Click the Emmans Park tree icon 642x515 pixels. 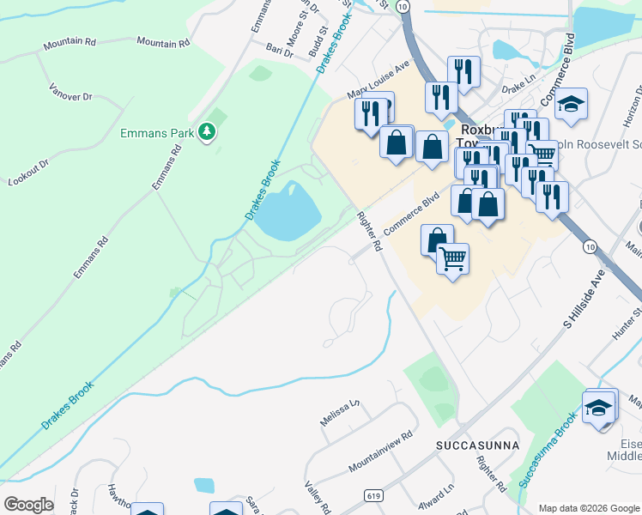pyautogui.click(x=206, y=131)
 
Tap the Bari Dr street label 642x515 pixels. pyautogui.click(x=280, y=51)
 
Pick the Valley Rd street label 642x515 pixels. pyautogui.click(x=318, y=497)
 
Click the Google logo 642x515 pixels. pyautogui.click(x=28, y=505)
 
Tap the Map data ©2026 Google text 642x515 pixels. pyautogui.click(x=588, y=508)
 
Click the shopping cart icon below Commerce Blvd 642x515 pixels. pyautogui.click(x=452, y=257)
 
